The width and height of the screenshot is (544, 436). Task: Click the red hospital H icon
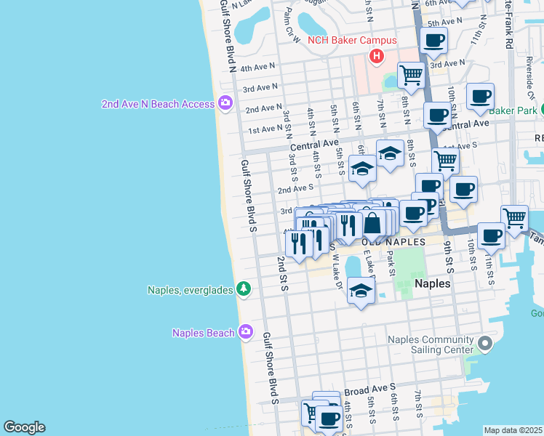coord(376,56)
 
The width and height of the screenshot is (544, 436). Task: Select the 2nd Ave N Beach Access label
coord(158,104)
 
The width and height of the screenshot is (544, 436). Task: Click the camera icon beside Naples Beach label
coord(246,332)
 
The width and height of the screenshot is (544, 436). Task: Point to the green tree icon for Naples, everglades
coord(243,290)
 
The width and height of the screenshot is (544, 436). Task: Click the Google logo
coord(24,427)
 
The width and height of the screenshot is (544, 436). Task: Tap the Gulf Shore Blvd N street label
coord(228,36)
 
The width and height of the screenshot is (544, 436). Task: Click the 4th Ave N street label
coord(258,68)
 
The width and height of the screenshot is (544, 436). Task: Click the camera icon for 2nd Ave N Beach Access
coord(224,103)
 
